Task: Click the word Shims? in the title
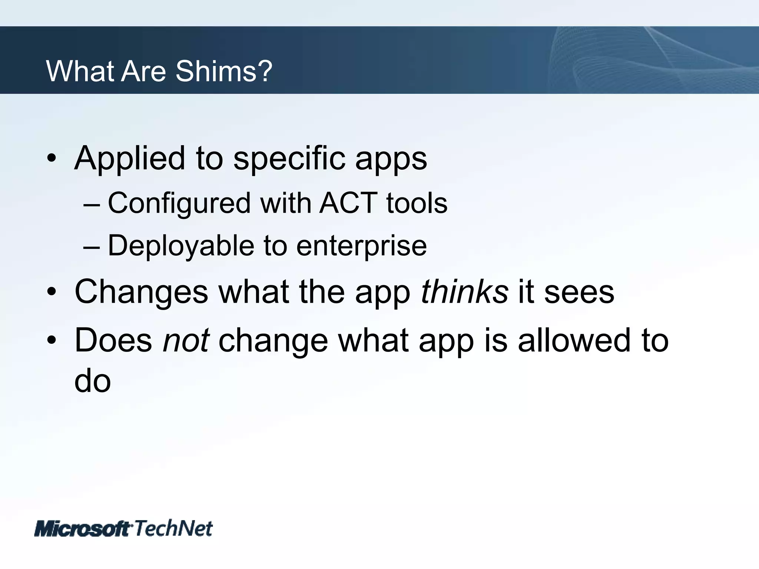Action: click(224, 71)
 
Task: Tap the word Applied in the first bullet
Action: click(129, 159)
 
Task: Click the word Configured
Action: click(179, 204)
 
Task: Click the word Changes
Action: click(141, 292)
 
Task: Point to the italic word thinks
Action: click(464, 292)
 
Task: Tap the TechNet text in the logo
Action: click(173, 528)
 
